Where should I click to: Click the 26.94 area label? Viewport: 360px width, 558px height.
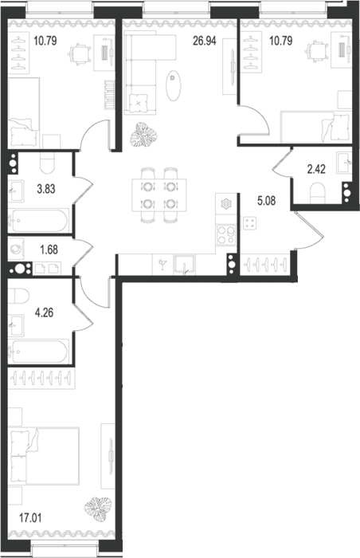coord(205,41)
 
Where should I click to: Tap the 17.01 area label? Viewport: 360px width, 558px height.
coord(30,518)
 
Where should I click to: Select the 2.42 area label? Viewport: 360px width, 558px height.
coord(316,169)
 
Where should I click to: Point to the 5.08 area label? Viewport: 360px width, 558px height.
coord(266,201)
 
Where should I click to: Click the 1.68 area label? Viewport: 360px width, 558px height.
coord(49,250)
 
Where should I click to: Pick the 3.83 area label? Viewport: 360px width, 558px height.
coord(46,189)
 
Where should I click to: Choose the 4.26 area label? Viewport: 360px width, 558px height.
coord(44,312)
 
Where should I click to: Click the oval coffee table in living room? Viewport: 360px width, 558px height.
coord(174,85)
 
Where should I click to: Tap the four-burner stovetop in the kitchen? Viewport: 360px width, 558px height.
coord(226,235)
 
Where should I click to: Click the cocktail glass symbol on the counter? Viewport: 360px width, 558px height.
coord(163,265)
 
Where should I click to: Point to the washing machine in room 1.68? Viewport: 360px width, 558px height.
coord(17,249)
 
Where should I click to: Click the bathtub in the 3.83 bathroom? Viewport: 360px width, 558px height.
coord(38,221)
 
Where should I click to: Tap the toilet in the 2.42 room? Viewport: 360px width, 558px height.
coord(318,193)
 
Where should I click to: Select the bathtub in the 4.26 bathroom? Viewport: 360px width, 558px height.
coord(38,352)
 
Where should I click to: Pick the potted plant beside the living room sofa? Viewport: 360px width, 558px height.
coord(143,135)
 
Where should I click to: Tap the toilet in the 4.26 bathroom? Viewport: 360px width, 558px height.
coord(18,296)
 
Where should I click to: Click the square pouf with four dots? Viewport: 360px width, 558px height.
coord(250,223)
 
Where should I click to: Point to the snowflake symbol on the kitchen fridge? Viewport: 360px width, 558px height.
coord(225,204)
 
